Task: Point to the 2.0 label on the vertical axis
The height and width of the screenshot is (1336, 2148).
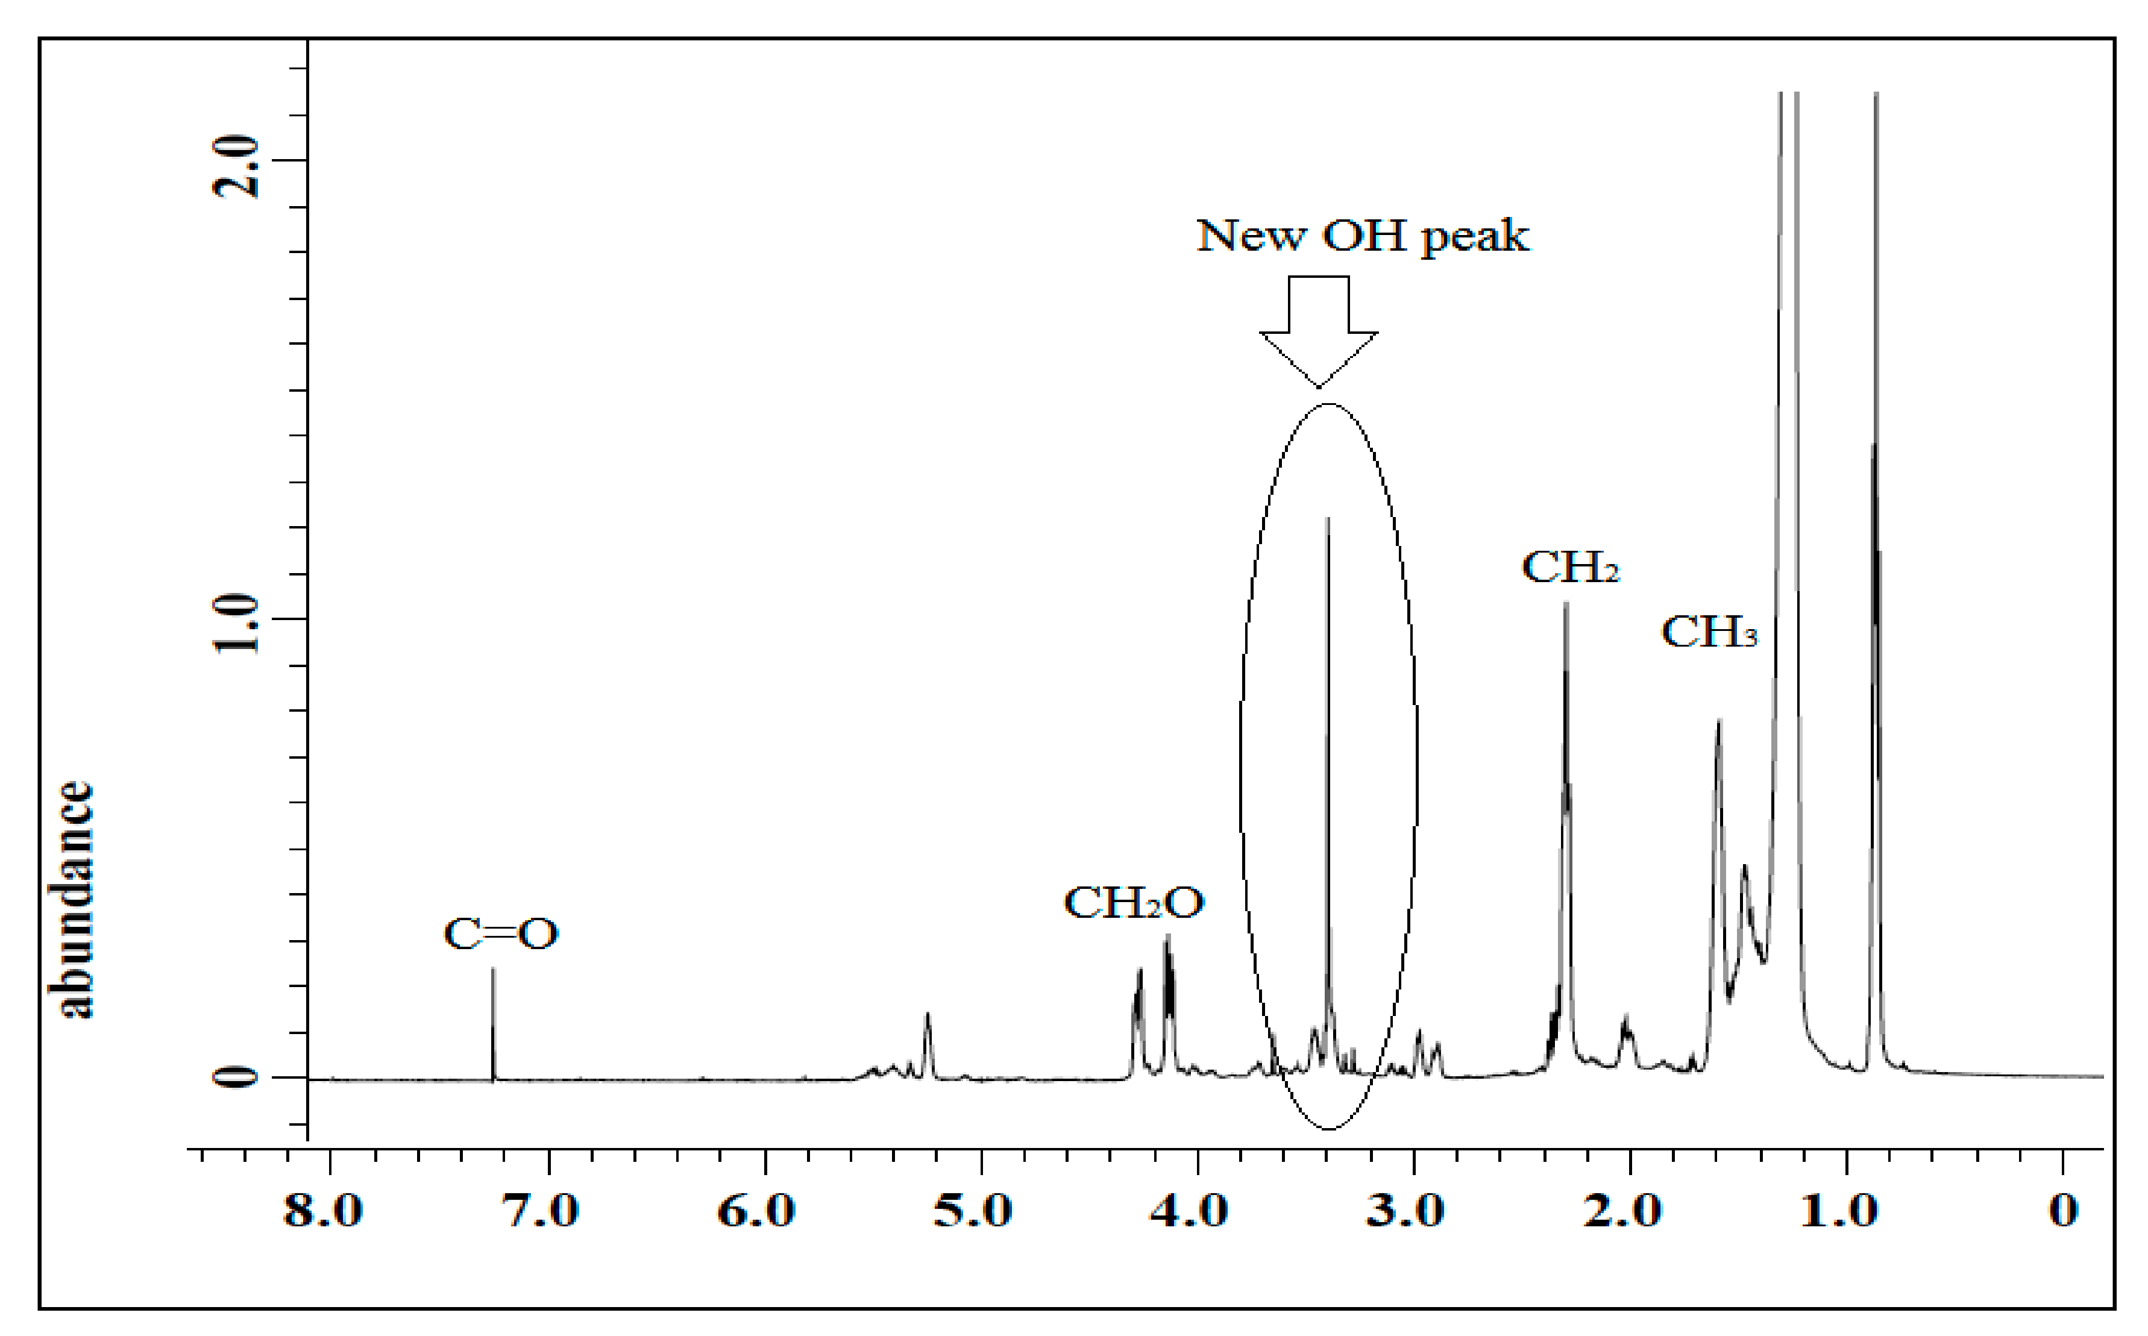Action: tap(237, 166)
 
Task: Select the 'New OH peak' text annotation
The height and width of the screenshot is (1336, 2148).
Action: tap(1363, 236)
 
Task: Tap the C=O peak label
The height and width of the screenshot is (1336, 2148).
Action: tap(500, 934)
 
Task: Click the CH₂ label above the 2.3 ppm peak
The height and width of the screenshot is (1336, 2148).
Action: tap(1570, 567)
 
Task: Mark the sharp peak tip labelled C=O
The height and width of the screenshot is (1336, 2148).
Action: tap(493, 969)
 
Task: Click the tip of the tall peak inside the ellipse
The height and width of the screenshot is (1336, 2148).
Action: tap(1327, 519)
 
